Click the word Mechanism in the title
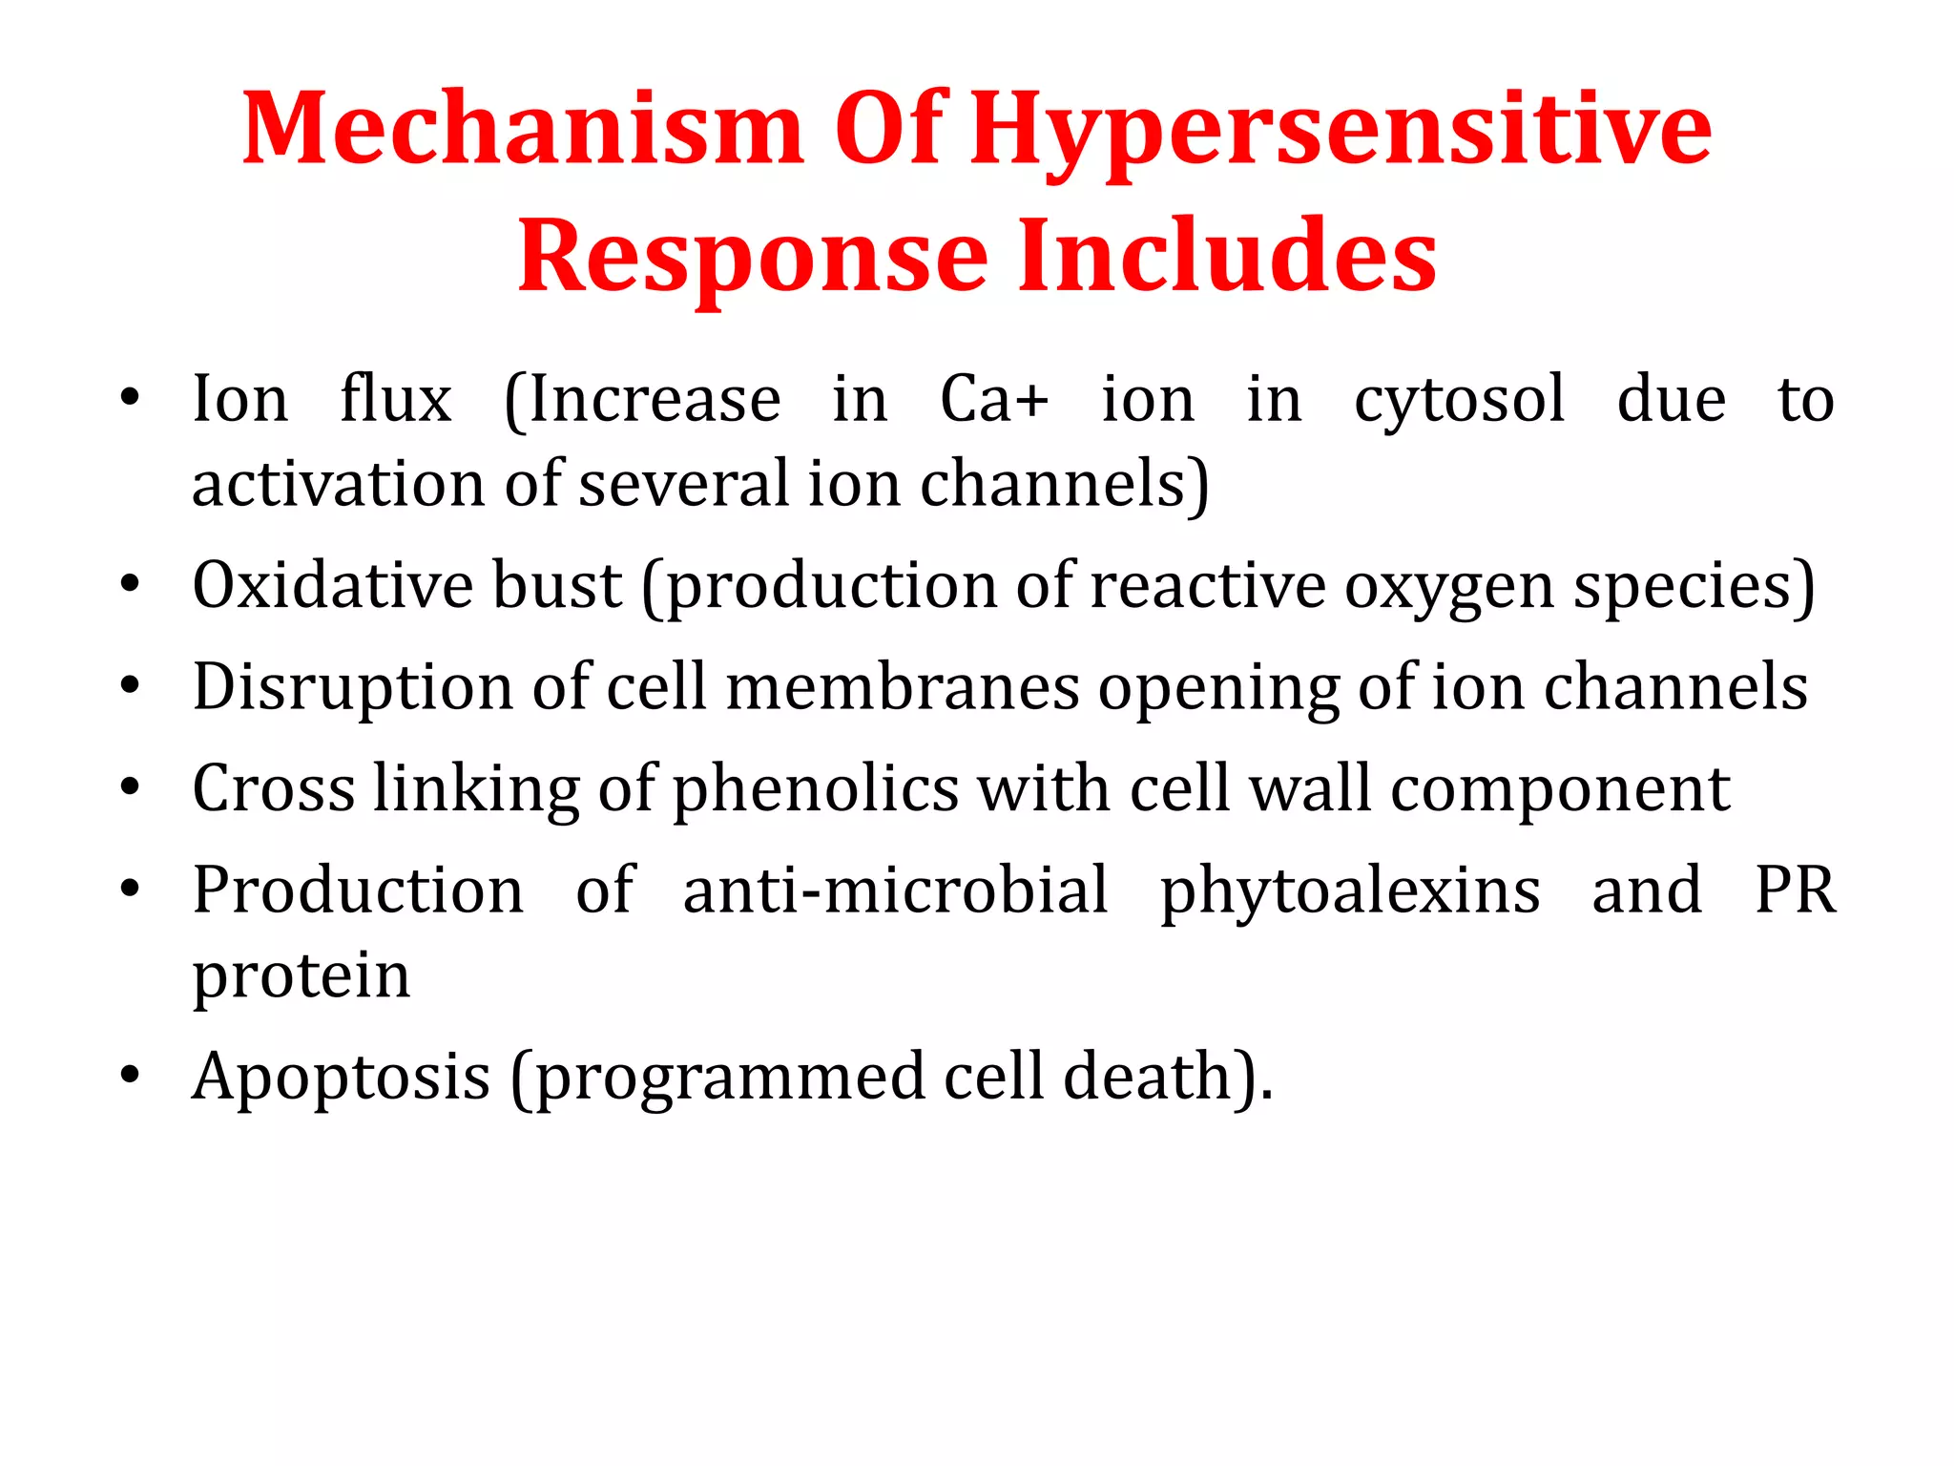[x=523, y=130]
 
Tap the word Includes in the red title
[x=1227, y=256]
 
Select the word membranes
[x=903, y=687]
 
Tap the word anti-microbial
[x=895, y=890]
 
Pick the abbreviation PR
[x=1795, y=890]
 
